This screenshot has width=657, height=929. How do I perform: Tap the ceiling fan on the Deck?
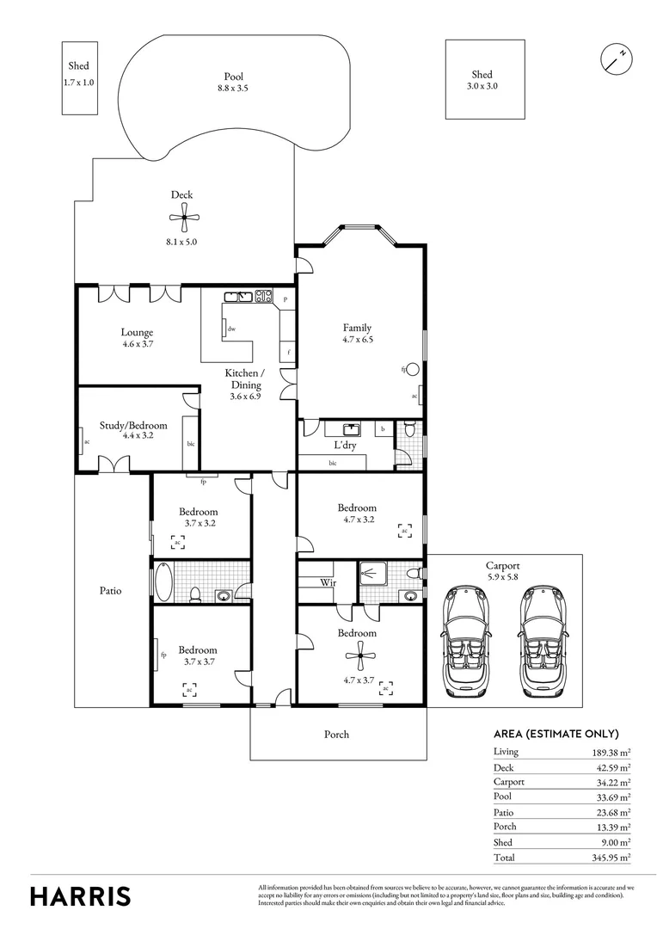coord(181,220)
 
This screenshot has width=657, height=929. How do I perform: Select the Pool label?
coord(233,77)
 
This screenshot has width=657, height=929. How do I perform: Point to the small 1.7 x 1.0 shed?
coord(78,77)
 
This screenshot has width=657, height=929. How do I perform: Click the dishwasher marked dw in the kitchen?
coord(230,329)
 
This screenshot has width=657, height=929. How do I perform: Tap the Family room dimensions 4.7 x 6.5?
coord(357,339)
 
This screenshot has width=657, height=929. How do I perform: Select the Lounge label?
coord(137,333)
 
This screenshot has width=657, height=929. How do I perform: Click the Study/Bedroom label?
coord(133,425)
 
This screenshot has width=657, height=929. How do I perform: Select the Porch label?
coord(336,735)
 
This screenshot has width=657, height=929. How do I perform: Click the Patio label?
coord(110,591)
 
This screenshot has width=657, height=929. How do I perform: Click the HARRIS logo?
coord(81,896)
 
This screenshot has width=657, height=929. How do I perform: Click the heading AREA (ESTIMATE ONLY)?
coord(556,734)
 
